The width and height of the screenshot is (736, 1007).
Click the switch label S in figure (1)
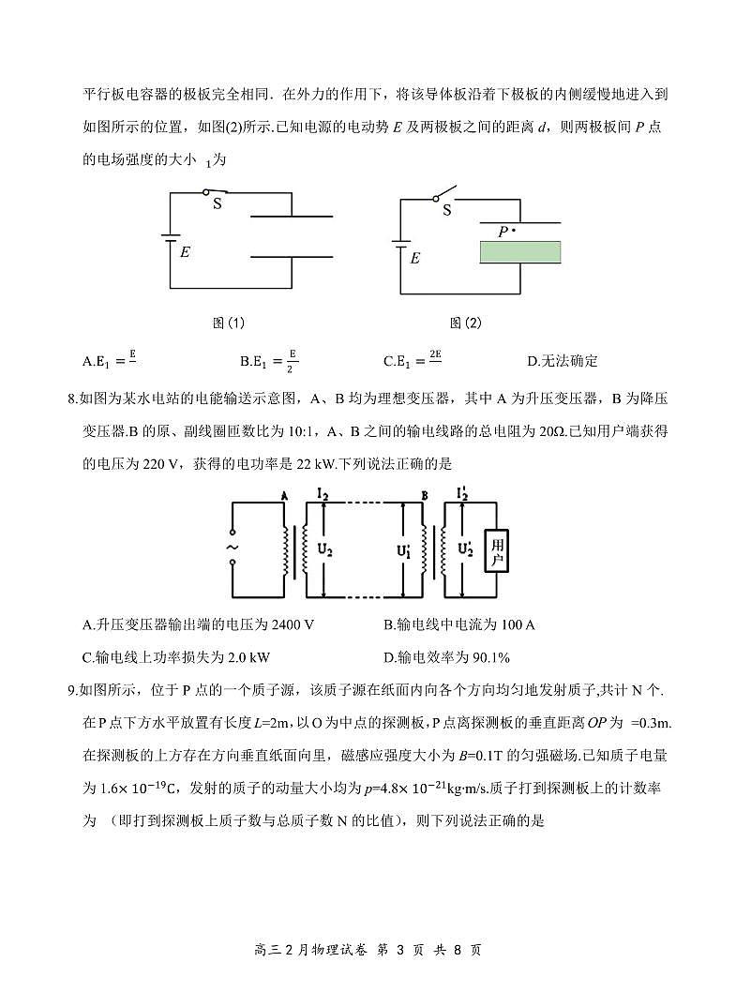click(x=217, y=203)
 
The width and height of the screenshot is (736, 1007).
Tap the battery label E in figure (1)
click(x=185, y=252)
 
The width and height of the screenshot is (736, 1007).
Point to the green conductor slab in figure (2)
click(x=519, y=251)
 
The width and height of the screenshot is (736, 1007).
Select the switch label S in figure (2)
click(x=446, y=210)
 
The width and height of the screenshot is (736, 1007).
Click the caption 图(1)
click(x=229, y=323)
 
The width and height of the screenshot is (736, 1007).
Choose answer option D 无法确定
click(x=563, y=361)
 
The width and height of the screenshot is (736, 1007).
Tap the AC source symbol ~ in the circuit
click(x=232, y=548)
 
